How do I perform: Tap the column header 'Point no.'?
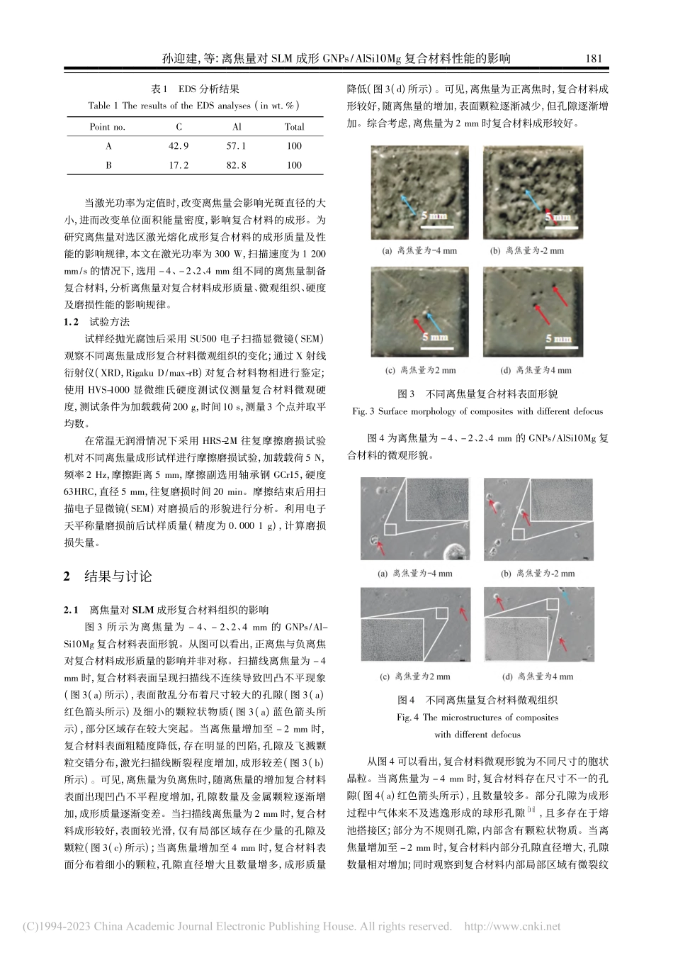(x=107, y=127)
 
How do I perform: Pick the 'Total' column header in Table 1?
(x=294, y=127)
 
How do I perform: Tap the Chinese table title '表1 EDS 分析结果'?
(x=196, y=89)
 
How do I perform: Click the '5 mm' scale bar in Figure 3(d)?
(x=558, y=338)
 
